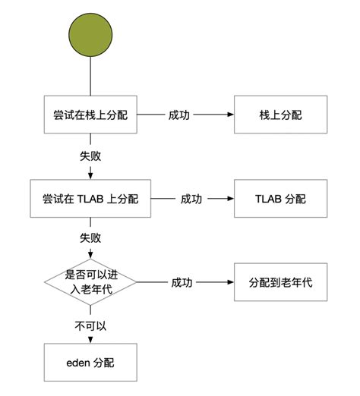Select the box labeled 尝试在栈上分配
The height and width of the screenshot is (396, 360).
click(x=90, y=116)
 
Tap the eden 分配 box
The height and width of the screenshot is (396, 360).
click(x=90, y=361)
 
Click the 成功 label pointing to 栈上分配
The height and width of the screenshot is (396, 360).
click(x=180, y=116)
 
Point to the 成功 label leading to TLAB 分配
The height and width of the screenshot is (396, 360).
click(x=191, y=199)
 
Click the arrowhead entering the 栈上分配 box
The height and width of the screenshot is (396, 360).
click(x=229, y=116)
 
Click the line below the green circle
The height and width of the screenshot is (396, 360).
click(x=90, y=77)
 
